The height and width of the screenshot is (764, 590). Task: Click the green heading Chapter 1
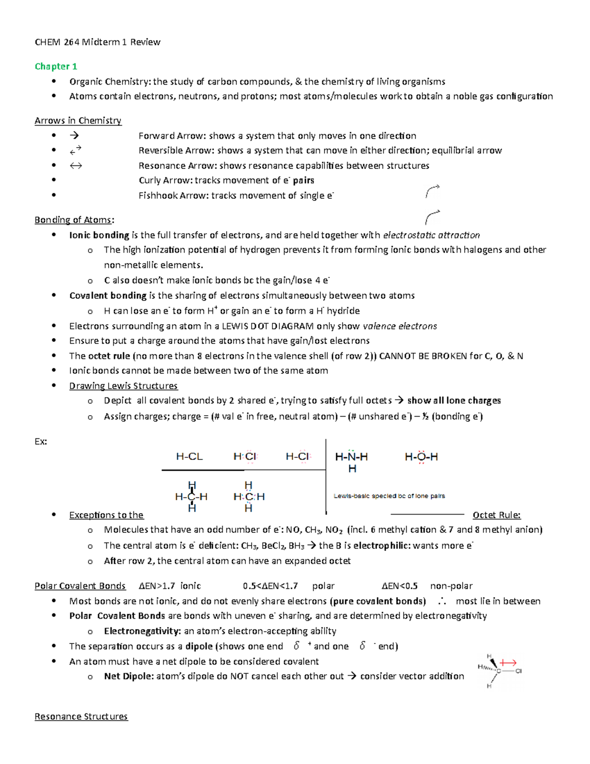point(56,66)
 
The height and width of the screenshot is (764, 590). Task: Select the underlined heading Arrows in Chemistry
point(78,121)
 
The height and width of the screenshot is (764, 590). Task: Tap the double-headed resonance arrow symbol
point(75,166)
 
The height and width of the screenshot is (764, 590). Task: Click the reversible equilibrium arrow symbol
point(75,151)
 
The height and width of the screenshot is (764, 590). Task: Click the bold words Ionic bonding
point(99,235)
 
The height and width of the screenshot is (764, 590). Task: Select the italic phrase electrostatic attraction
point(431,235)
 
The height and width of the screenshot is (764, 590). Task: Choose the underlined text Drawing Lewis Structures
point(123,386)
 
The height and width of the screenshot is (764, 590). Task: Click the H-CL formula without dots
point(189,457)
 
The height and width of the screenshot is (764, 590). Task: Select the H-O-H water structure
point(421,458)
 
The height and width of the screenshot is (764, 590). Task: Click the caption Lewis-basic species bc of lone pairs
point(389,496)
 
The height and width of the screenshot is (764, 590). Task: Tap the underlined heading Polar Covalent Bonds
point(80,586)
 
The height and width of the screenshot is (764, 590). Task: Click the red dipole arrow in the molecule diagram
point(507,663)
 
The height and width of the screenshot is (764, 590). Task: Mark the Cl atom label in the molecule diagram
point(518,671)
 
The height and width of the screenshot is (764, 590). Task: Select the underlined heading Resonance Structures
point(81,717)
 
